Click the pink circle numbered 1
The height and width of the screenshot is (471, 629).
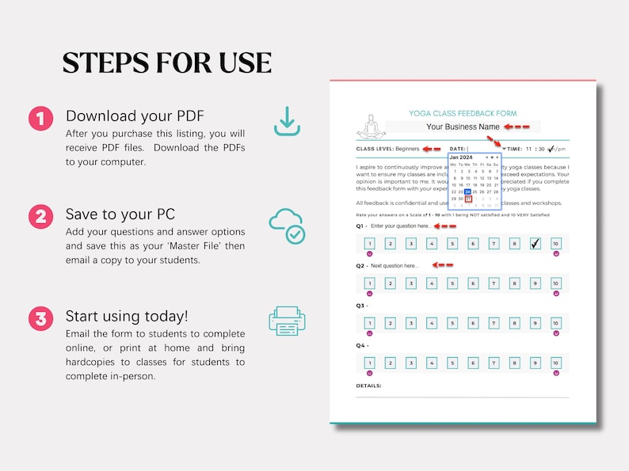coord(40,119)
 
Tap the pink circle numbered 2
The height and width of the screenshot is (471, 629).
coord(40,216)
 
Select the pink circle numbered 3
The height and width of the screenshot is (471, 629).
coord(40,319)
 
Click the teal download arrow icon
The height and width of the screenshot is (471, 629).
coord(286,121)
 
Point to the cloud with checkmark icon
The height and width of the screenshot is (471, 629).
coord(286,226)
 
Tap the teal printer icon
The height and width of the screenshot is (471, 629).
coord(286,321)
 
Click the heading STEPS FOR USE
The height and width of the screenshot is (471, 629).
coord(167,63)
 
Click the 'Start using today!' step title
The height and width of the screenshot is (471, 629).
coord(127,316)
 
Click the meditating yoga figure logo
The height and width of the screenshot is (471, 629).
coord(371,127)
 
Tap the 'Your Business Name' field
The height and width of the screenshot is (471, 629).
coord(463,127)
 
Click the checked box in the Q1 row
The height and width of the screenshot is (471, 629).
coord(535,244)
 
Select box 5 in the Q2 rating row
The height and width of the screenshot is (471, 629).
coord(452,283)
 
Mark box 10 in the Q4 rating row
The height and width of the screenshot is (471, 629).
coord(555,363)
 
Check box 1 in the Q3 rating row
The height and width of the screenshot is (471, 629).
coord(369,323)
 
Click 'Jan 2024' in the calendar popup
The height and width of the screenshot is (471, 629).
coord(461,158)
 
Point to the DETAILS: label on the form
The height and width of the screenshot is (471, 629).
coord(368,386)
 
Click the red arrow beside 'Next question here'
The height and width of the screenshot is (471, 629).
coord(443,265)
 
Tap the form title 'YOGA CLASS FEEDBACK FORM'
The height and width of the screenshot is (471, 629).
coord(463,113)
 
